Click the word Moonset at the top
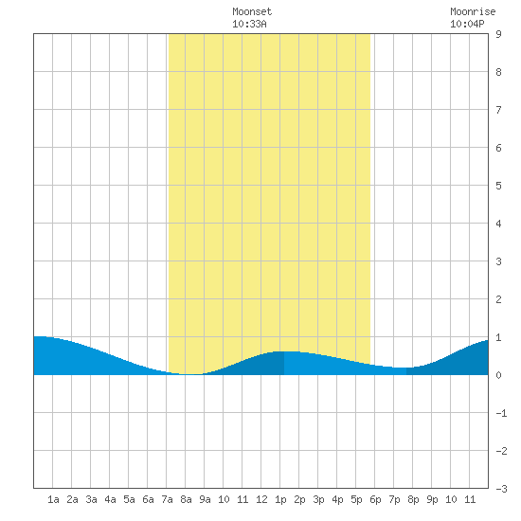point(252,12)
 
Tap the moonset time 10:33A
point(249,25)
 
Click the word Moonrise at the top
point(473,12)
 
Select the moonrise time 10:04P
point(467,25)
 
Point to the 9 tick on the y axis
point(498,34)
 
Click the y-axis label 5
point(498,186)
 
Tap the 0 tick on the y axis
point(498,375)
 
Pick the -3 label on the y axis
point(501,489)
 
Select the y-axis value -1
point(501,413)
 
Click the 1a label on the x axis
point(53,499)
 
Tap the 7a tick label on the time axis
point(167,499)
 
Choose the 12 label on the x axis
point(261,499)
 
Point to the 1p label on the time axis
point(280,499)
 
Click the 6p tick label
point(375,499)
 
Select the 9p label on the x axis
point(432,499)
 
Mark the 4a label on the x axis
point(110,499)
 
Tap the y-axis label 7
point(498,110)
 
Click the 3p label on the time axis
point(318,499)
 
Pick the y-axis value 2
point(498,299)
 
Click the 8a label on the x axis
point(186,499)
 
